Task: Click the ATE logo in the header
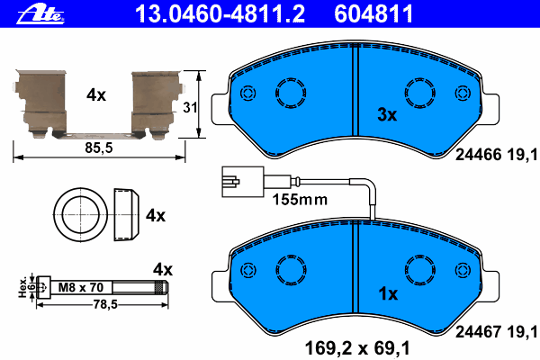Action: click(40, 14)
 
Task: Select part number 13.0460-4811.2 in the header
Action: click(220, 13)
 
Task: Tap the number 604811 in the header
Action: click(373, 13)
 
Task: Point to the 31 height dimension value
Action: click(190, 107)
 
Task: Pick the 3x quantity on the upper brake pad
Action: click(387, 114)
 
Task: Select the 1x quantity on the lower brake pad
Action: click(388, 294)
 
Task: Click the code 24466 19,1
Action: click(496, 155)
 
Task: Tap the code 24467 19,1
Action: click(496, 332)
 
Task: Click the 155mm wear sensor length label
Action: click(300, 200)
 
